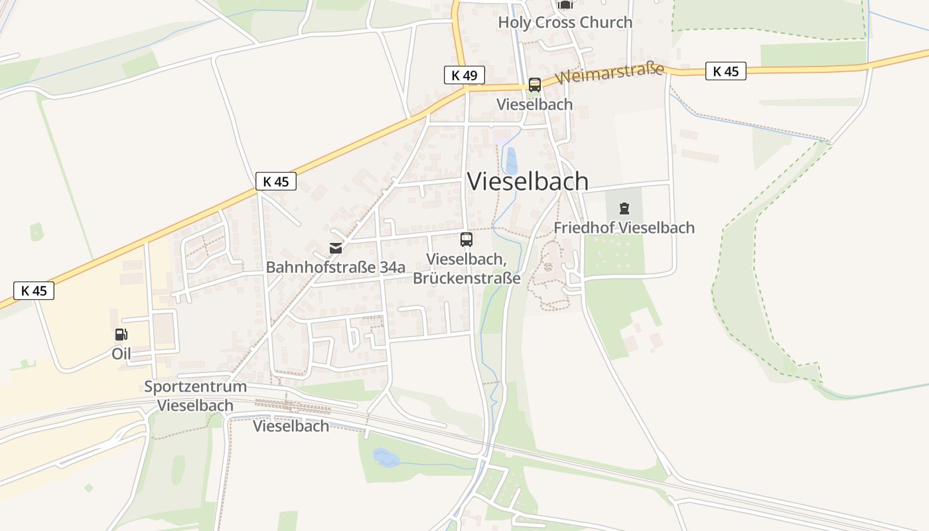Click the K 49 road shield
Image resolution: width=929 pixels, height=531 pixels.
[x=464, y=75]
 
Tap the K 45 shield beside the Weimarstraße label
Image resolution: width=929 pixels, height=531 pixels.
[x=725, y=71]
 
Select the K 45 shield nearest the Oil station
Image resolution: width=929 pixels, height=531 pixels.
[x=34, y=290]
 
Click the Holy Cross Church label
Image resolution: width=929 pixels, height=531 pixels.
[x=565, y=22]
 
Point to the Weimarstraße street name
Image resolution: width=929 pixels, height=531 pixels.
[x=610, y=72]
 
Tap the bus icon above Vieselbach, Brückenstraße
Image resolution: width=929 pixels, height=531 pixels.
[x=466, y=240]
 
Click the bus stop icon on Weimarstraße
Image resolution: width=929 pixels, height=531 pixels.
[x=534, y=85]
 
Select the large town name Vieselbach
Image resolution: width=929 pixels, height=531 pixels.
[x=528, y=181]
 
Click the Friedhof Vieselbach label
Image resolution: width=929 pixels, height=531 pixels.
[x=624, y=228]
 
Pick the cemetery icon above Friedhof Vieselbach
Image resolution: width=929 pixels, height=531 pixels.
[x=624, y=209]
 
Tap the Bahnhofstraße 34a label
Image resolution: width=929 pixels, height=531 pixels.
[x=335, y=267]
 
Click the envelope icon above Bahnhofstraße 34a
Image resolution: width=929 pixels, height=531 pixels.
[x=336, y=248]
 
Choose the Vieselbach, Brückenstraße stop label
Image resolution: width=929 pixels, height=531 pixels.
[x=466, y=268]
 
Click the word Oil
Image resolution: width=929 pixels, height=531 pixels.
[x=121, y=354]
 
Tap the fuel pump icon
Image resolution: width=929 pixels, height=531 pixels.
[x=121, y=335]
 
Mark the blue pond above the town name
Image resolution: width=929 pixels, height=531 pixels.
[x=511, y=161]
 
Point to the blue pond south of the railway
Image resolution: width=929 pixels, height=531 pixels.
[x=386, y=457]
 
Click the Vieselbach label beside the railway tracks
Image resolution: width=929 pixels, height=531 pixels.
[x=291, y=426]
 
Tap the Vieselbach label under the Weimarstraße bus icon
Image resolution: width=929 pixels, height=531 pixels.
[x=534, y=104]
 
